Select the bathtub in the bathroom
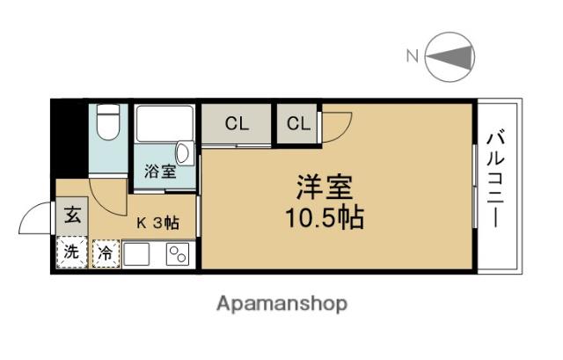(165, 129)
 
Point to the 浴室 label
(159, 170)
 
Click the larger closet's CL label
(237, 124)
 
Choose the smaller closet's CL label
(298, 124)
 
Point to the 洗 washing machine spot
(72, 252)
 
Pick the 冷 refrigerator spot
(104, 253)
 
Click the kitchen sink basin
(138, 253)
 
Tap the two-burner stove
(177, 253)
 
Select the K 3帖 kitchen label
(157, 223)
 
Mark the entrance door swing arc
(35, 218)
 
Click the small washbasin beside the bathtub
(182, 151)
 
